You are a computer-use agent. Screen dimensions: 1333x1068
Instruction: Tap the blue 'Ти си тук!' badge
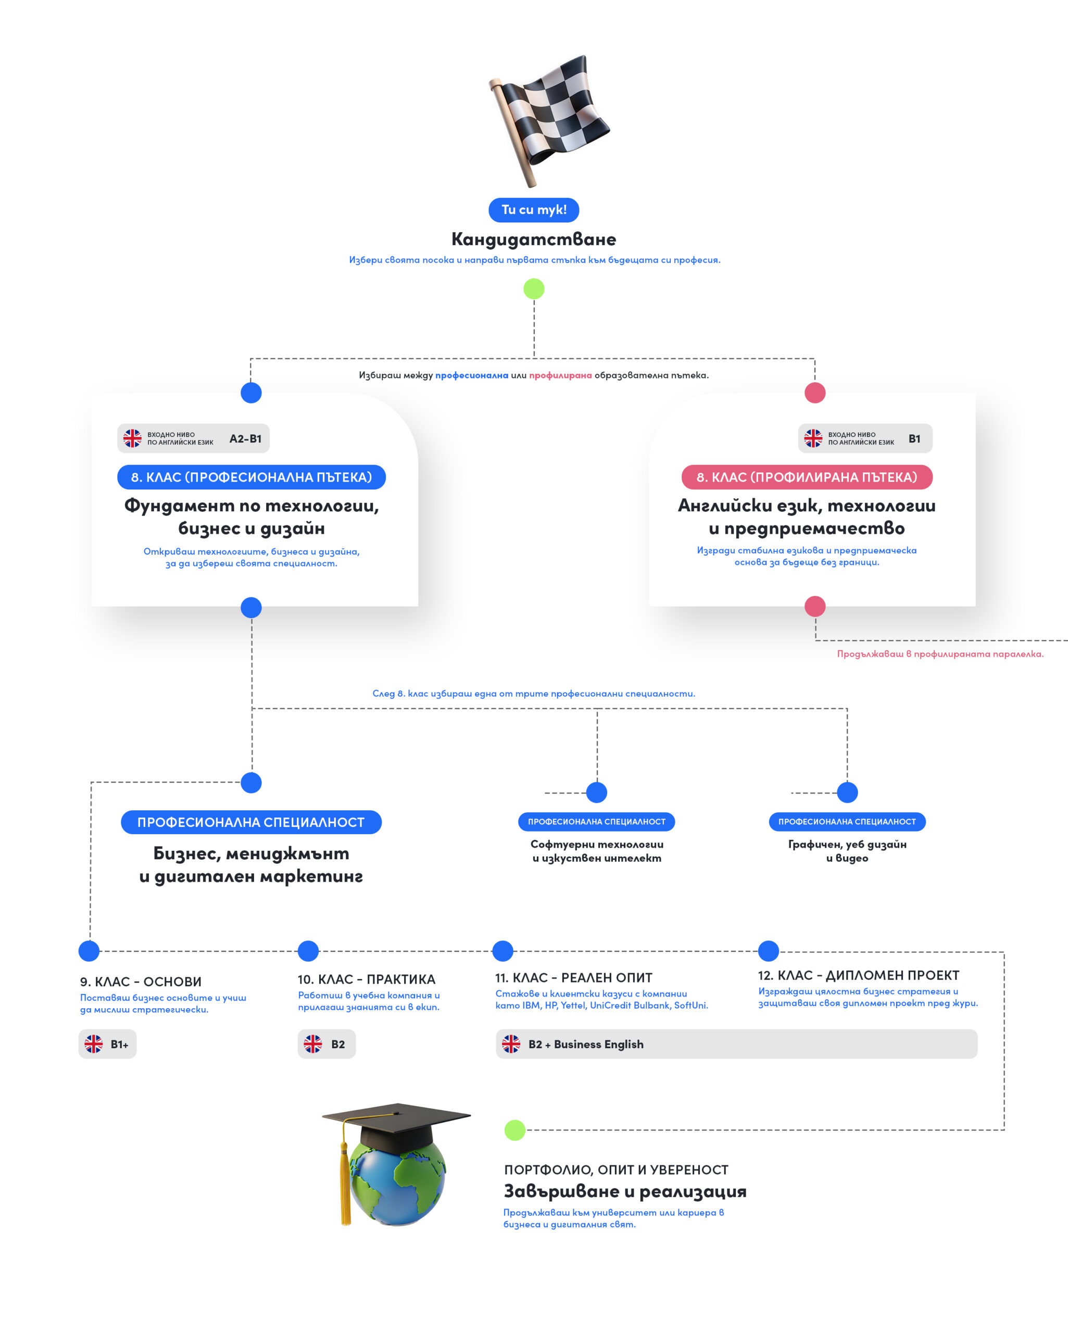[x=534, y=210]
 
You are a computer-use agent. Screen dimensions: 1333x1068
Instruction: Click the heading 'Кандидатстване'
[x=534, y=238]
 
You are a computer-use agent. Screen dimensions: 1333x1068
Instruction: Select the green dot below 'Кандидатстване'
[x=534, y=289]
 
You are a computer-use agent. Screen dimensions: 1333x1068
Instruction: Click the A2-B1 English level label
[x=245, y=439]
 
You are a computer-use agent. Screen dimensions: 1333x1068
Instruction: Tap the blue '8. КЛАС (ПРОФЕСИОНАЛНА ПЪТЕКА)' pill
[x=251, y=476]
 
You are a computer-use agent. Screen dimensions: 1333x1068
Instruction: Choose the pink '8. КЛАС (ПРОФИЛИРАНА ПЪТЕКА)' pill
[x=807, y=476]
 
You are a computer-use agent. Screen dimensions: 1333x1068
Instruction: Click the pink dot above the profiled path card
[x=814, y=393]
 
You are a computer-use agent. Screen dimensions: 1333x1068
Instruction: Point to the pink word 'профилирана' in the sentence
[x=560, y=375]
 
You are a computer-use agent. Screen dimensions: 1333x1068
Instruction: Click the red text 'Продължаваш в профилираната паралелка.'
[x=940, y=653]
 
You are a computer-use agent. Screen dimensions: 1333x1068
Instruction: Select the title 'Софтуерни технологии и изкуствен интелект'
[x=597, y=851]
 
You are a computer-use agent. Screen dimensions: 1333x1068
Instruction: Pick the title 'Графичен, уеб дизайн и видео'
[x=847, y=851]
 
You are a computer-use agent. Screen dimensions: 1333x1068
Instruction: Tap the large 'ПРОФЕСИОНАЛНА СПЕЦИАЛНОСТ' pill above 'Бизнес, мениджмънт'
[x=251, y=822]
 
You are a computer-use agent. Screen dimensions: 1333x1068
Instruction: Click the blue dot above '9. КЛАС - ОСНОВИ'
[x=89, y=951]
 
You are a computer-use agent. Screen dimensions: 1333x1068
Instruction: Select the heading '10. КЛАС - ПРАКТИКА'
[x=366, y=979]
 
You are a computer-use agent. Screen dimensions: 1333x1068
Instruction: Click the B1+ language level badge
[x=108, y=1044]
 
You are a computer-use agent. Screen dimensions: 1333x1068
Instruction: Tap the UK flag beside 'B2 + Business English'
[x=511, y=1044]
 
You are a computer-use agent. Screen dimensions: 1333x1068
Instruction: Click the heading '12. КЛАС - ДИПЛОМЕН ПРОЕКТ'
[x=858, y=976]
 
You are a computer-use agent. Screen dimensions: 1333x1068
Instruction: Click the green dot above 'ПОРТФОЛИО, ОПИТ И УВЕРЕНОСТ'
[x=514, y=1130]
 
